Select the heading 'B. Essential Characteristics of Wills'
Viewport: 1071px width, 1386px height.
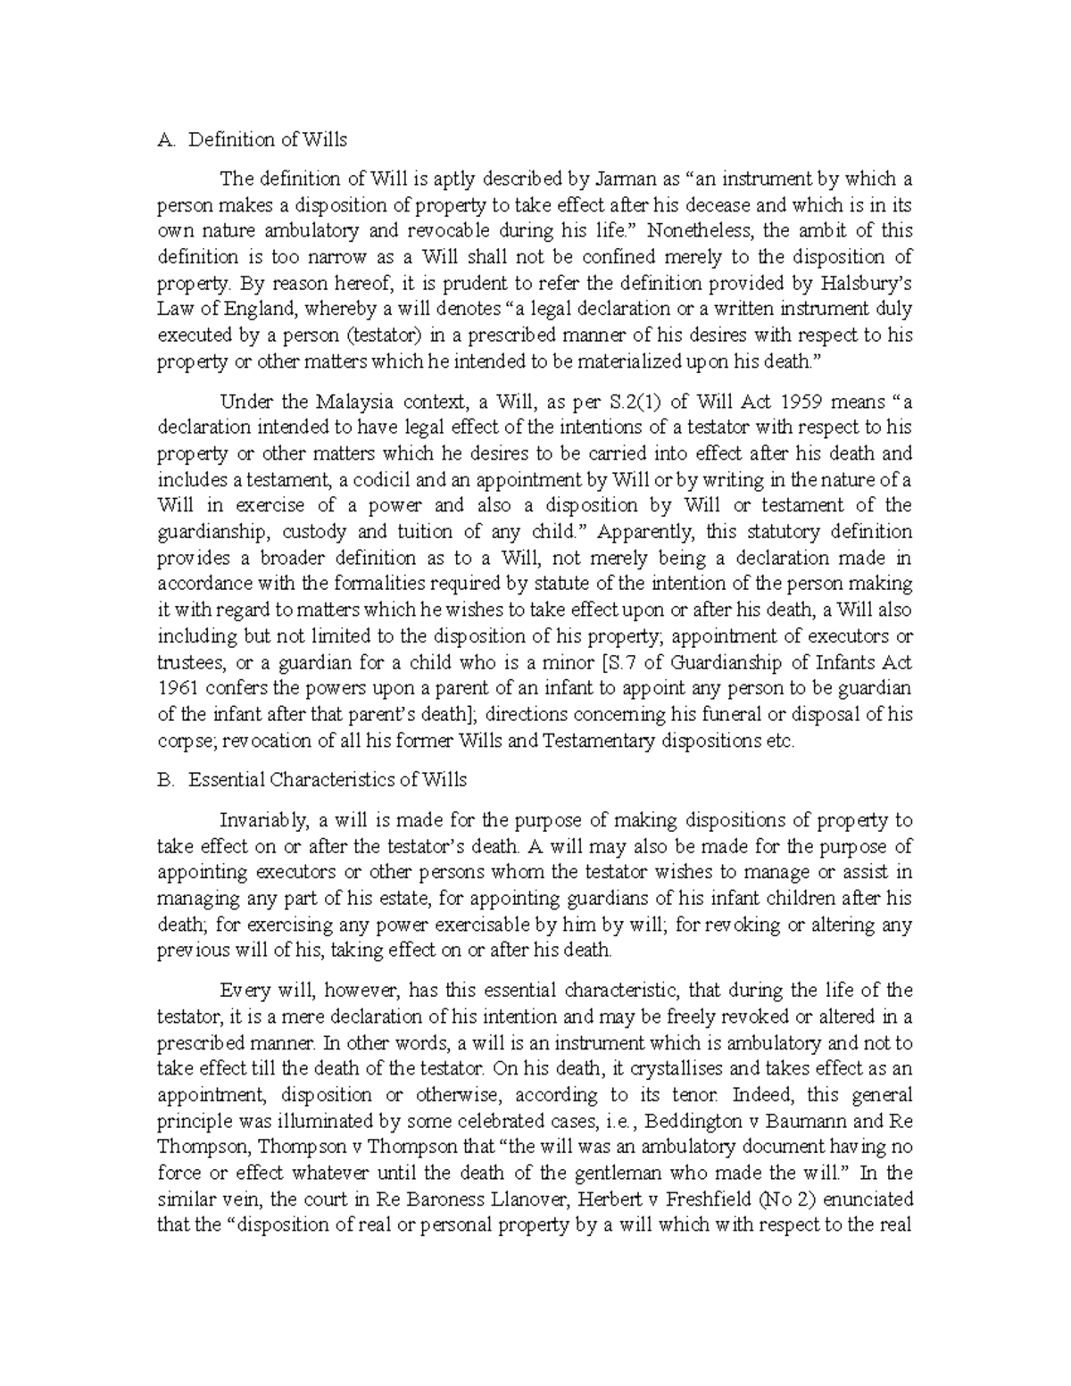(311, 779)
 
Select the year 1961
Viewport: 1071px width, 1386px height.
(175, 689)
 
